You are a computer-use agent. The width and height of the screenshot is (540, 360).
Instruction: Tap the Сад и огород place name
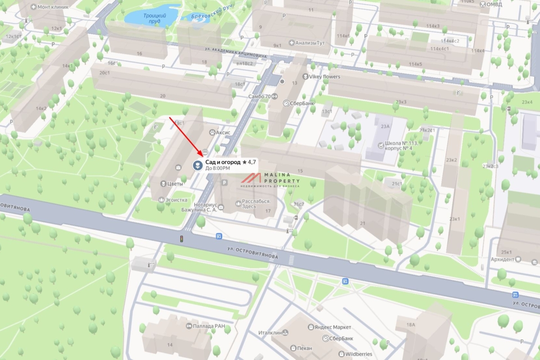(223, 162)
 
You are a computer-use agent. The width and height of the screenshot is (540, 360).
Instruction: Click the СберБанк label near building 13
(302, 103)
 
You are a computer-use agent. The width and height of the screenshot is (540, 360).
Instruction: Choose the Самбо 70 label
(260, 96)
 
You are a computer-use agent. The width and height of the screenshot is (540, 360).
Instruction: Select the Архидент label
(503, 259)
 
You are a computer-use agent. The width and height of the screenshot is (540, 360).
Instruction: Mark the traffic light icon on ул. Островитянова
(182, 239)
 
